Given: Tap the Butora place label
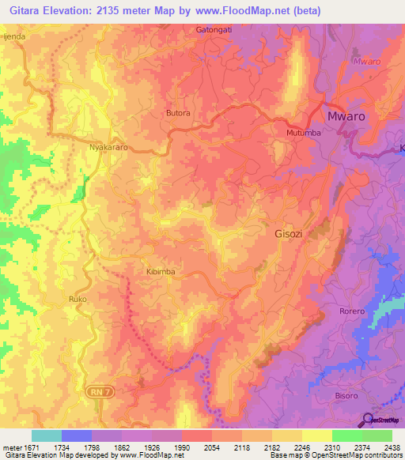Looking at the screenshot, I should pos(179,113).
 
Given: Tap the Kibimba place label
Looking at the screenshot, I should pos(160,271).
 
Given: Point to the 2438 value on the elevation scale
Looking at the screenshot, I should pos(392,447).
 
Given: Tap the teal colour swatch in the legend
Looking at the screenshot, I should pos(47,435).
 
